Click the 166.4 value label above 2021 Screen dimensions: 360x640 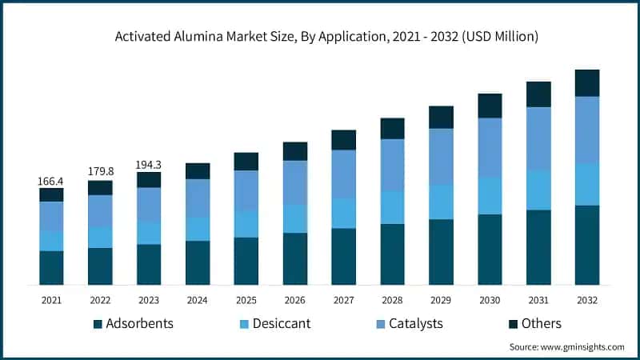(51, 182)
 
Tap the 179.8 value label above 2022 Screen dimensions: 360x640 (100, 172)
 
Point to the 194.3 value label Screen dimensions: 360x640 (149, 165)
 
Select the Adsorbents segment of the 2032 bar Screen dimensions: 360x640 (587, 245)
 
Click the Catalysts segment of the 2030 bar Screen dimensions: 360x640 (490, 147)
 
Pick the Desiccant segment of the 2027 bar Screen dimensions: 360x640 (344, 213)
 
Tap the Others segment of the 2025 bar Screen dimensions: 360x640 (246, 161)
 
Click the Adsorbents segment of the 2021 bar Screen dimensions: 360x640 (51, 267)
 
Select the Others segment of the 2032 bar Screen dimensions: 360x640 (587, 82)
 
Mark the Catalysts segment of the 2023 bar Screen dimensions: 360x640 (149, 204)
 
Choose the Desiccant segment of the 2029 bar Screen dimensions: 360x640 (441, 202)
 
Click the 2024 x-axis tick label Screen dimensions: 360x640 (198, 300)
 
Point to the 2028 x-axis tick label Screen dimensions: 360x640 (392, 300)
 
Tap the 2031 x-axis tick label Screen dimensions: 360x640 (538, 300)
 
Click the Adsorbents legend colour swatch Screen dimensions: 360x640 (98, 324)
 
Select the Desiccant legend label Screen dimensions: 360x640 (281, 324)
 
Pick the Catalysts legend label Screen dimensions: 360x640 (415, 324)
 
